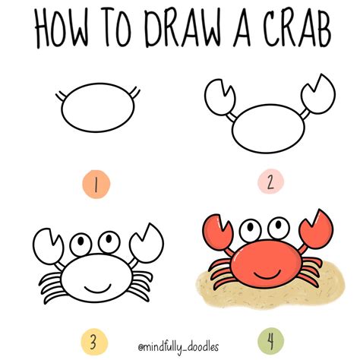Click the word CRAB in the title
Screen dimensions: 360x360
tap(297, 28)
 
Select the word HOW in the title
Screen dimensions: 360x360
tap(62, 29)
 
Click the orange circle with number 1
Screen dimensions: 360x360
tap(96, 184)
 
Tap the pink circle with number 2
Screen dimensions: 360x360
tap(270, 182)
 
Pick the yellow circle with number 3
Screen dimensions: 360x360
tap(94, 343)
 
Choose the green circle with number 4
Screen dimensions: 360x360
tap(270, 341)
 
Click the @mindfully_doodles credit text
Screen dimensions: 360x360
tap(178, 346)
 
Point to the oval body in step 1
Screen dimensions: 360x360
tap(98, 108)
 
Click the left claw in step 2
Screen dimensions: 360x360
tap(219, 97)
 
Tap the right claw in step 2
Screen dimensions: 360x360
tap(318, 94)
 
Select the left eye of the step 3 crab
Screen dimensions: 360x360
tap(81, 245)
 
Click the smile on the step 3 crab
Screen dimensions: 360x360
tap(98, 289)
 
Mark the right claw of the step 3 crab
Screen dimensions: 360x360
tap(147, 244)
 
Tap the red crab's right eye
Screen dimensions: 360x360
tap(279, 228)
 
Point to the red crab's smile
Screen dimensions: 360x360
tap(267, 275)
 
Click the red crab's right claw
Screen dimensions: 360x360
tap(317, 229)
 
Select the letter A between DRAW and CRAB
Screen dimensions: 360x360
tap(242, 28)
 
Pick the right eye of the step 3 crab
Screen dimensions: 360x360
tap(109, 242)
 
